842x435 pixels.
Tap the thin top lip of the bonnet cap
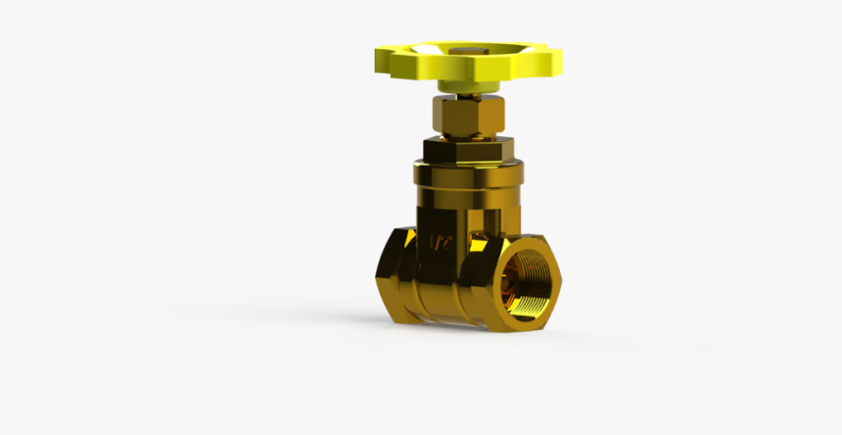pos(467,164)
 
